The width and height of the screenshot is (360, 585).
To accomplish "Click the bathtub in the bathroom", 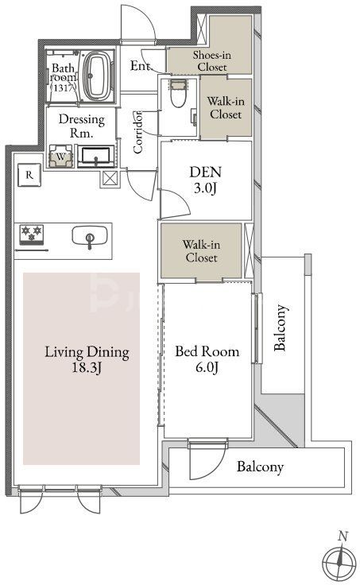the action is (99, 75).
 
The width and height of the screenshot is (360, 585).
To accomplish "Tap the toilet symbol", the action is (177, 93).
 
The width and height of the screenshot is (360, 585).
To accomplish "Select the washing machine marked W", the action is (60, 157).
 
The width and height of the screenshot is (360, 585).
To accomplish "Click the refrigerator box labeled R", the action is (29, 175).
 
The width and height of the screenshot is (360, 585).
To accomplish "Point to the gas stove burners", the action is (31, 234).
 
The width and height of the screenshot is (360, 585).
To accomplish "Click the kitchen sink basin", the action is (90, 237).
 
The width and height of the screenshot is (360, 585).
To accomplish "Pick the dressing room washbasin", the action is (96, 156).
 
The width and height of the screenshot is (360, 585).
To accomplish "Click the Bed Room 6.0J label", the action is (207, 359).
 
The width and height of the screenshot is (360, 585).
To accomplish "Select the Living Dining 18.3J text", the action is (87, 359).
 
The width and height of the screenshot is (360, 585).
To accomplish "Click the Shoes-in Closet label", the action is (212, 61).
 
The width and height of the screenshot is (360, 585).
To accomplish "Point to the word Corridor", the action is (137, 132).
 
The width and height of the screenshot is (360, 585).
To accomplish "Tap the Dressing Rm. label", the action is (81, 126).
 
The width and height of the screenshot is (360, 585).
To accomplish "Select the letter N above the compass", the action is (343, 537).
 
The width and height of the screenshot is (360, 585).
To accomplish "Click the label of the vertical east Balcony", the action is (281, 328).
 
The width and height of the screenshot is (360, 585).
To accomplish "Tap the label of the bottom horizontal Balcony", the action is (260, 467).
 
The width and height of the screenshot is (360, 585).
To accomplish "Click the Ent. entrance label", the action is (141, 66).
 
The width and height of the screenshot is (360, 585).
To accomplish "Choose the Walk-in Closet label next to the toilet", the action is (226, 108).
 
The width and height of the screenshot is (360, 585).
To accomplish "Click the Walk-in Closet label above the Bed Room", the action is (201, 251).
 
